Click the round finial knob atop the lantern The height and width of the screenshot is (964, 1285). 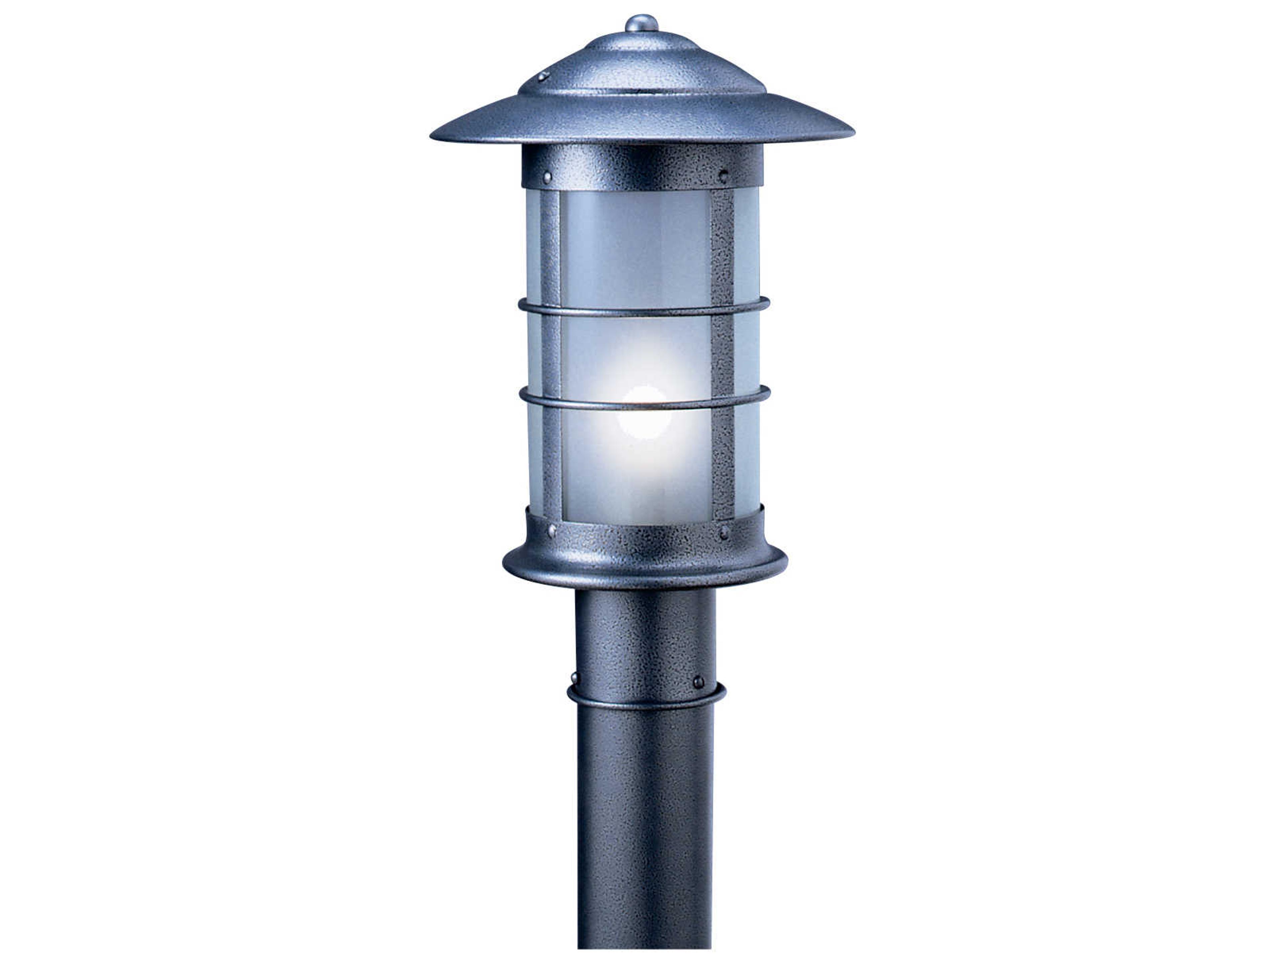pos(641,23)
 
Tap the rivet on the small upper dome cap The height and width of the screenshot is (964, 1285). pos(543,76)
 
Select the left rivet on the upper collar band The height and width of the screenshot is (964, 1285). pos(547,175)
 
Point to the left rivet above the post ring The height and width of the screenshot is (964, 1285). pos(575,677)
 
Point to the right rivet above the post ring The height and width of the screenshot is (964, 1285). pos(698,681)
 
